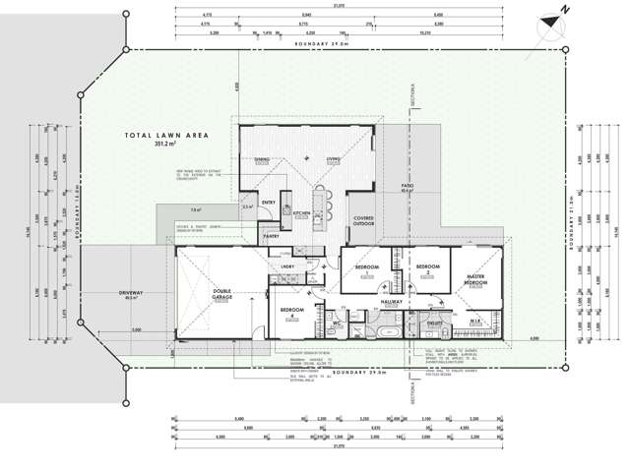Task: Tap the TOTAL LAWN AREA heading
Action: pyautogui.click(x=163, y=136)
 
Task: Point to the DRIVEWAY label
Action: pyautogui.click(x=131, y=293)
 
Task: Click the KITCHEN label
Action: pyautogui.click(x=301, y=211)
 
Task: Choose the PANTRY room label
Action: pyautogui.click(x=272, y=235)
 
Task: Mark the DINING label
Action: pyautogui.click(x=262, y=159)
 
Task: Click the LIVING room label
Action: pyautogui.click(x=334, y=159)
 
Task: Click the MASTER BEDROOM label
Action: pyautogui.click(x=476, y=280)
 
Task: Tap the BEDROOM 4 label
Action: pyautogui.click(x=291, y=313)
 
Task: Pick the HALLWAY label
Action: pyautogui.click(x=392, y=303)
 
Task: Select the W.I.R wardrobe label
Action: pyautogui.click(x=473, y=321)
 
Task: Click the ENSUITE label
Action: pyautogui.click(x=434, y=322)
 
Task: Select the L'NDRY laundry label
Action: pyautogui.click(x=287, y=266)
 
